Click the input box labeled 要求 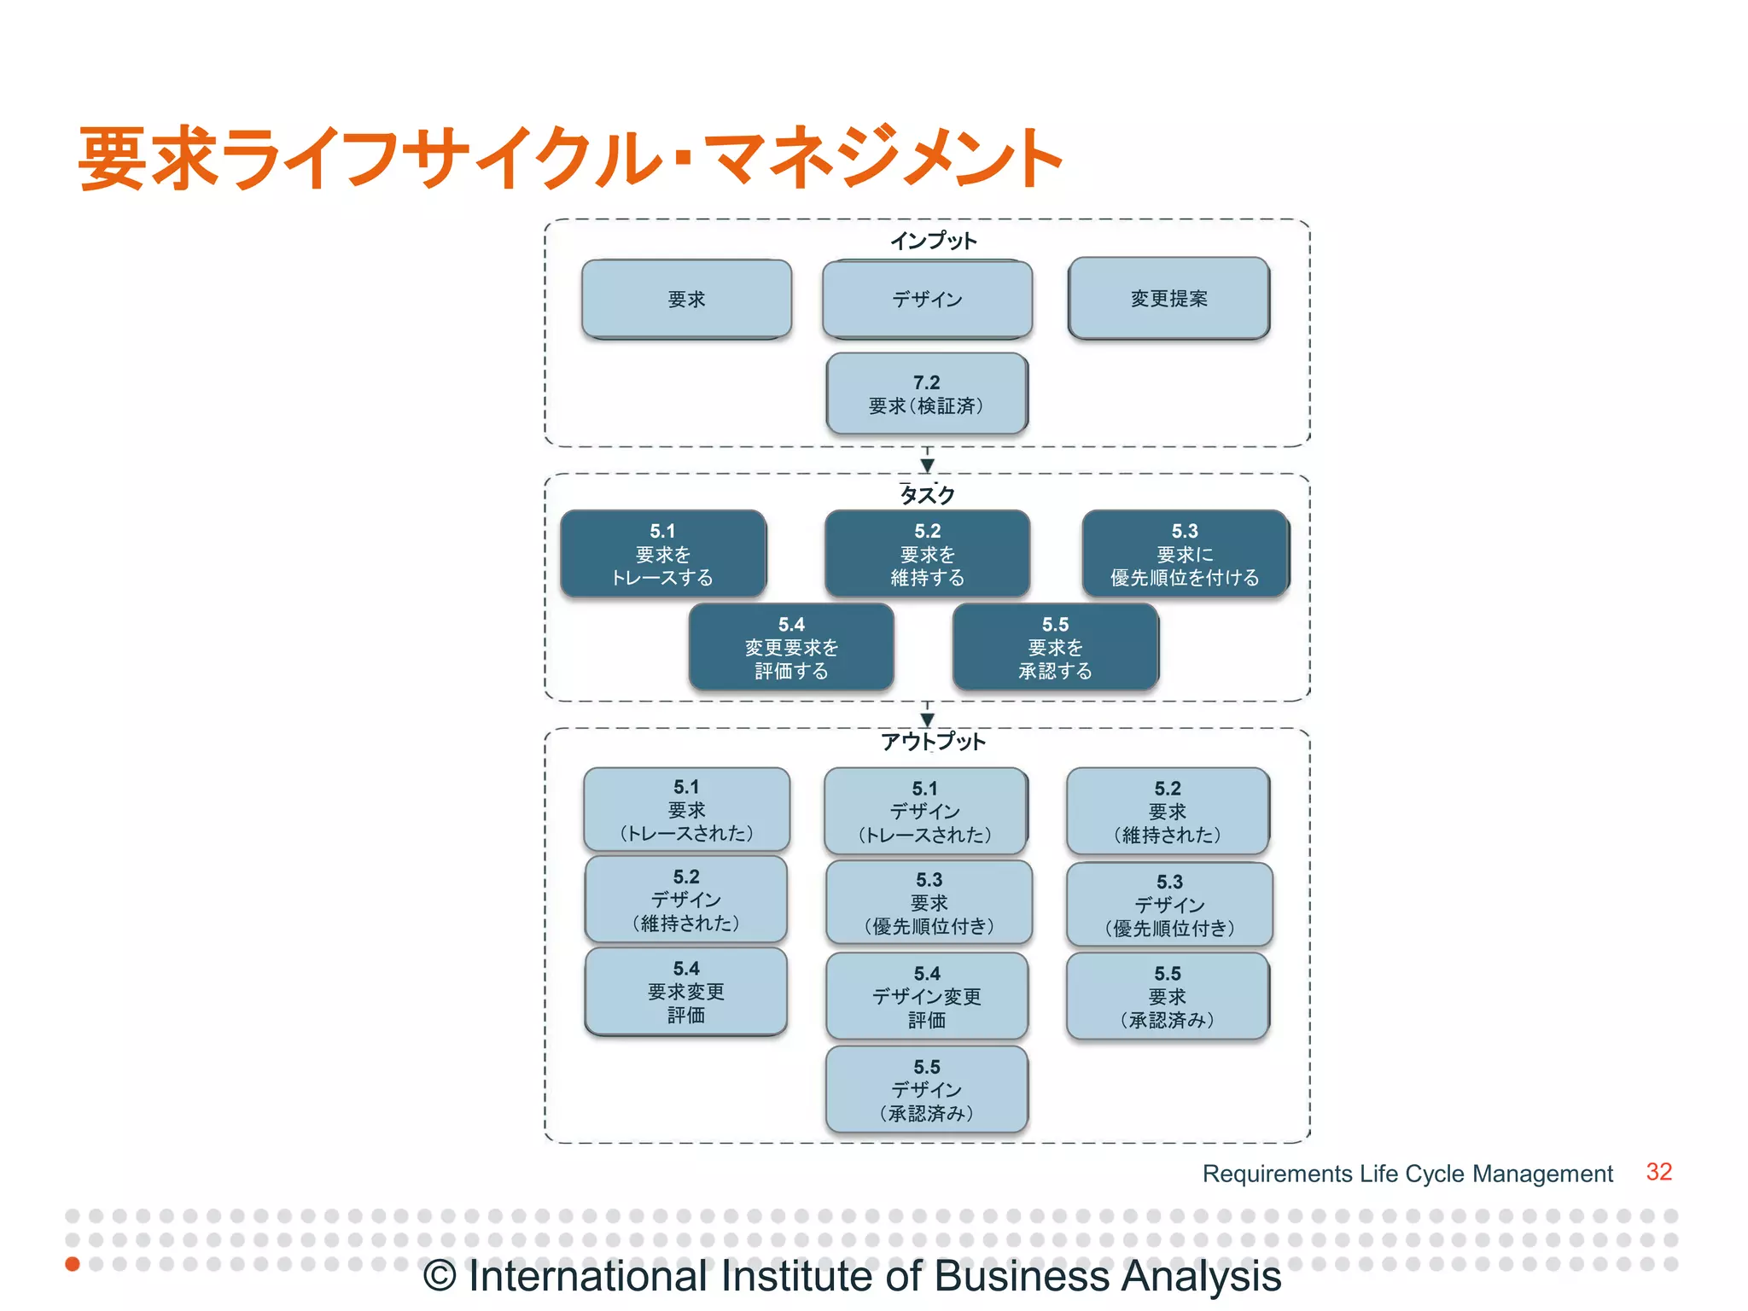[686, 299]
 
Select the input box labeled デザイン [927, 299]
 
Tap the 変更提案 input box [1168, 298]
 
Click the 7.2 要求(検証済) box [927, 393]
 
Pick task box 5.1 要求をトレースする [662, 554]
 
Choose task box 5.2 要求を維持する [927, 554]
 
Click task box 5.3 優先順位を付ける [1185, 554]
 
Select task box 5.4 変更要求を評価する [791, 647]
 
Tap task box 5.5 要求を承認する [1055, 647]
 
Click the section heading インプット [933, 241]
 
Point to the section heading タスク [927, 494]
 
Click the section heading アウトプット [933, 741]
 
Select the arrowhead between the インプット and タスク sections [927, 465]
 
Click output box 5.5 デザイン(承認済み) [927, 1090]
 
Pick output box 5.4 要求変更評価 [686, 991]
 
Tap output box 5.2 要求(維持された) [1168, 811]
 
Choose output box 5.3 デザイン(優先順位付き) [1169, 904]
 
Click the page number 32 [1658, 1172]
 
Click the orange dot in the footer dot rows [73, 1263]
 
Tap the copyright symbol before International [440, 1277]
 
